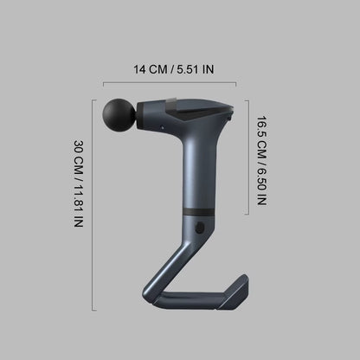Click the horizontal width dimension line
[170, 83]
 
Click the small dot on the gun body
[160, 127]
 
